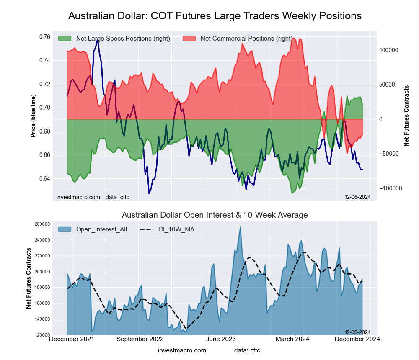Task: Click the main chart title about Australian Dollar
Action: coord(215,16)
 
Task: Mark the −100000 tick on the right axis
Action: coord(390,188)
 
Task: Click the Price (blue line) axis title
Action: coord(33,116)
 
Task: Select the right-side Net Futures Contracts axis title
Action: coord(406,116)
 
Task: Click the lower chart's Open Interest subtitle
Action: coord(215,215)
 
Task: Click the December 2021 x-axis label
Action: coord(72,339)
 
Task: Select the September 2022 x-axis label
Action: coord(140,339)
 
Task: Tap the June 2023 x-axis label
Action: coord(220,339)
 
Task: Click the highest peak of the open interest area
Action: coord(240,227)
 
